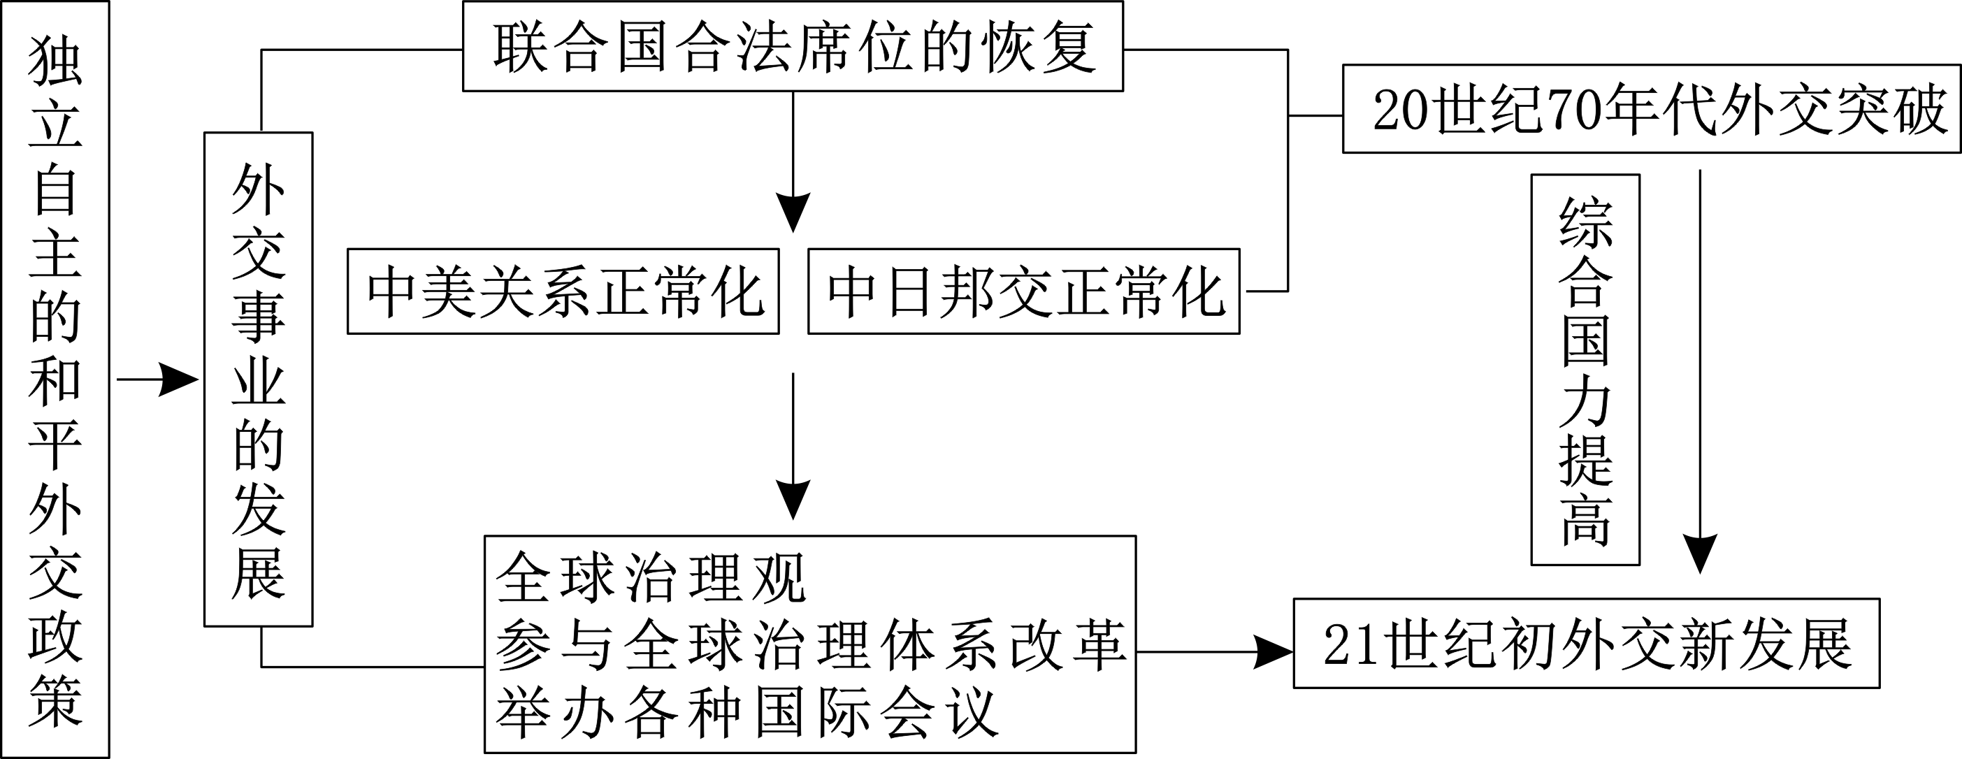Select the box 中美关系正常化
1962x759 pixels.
point(563,291)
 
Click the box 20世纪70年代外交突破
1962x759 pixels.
point(1650,110)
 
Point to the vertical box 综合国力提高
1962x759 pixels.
point(1585,370)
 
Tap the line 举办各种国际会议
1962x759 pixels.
point(746,713)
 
